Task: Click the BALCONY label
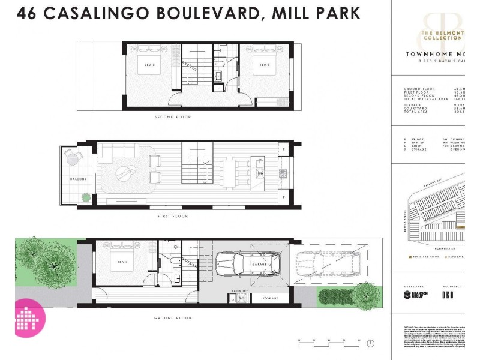pos(77,179)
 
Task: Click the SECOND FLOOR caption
pos(173,117)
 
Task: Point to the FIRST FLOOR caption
pos(172,216)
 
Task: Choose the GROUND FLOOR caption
pos(172,317)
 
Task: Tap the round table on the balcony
pos(73,159)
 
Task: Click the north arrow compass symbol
pos(370,343)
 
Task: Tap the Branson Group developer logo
pos(416,295)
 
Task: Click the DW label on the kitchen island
pos(260,173)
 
